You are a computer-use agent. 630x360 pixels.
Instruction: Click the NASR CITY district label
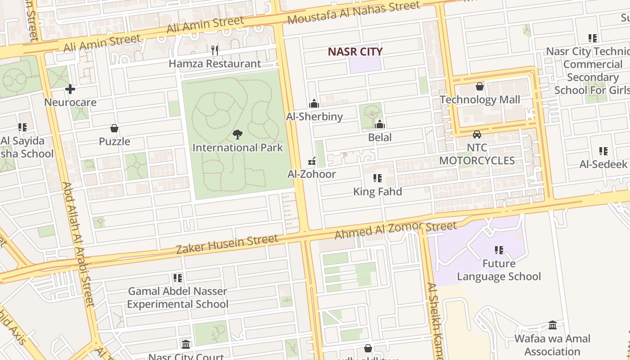(355, 51)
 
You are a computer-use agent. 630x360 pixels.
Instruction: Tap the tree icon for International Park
(238, 134)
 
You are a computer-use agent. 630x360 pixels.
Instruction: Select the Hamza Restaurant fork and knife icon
(215, 50)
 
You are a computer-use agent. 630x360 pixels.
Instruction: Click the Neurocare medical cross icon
(70, 89)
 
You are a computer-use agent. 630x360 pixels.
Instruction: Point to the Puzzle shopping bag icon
(114, 129)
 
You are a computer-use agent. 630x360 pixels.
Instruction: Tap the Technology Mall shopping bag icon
(480, 86)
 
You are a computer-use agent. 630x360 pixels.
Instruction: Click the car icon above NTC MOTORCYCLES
(477, 135)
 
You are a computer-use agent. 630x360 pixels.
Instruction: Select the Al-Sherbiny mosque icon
(314, 104)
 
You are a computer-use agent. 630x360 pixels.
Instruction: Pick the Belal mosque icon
(380, 124)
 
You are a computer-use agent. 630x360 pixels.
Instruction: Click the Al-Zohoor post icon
(311, 161)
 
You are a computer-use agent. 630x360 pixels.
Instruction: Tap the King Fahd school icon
(377, 179)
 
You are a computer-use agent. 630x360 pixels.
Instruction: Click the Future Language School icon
(499, 250)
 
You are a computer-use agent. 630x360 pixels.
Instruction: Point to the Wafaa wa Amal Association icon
(552, 325)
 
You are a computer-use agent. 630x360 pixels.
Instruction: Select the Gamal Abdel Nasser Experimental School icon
(177, 278)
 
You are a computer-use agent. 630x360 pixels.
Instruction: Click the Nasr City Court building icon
(186, 345)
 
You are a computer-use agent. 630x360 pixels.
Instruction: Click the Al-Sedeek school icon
(603, 151)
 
